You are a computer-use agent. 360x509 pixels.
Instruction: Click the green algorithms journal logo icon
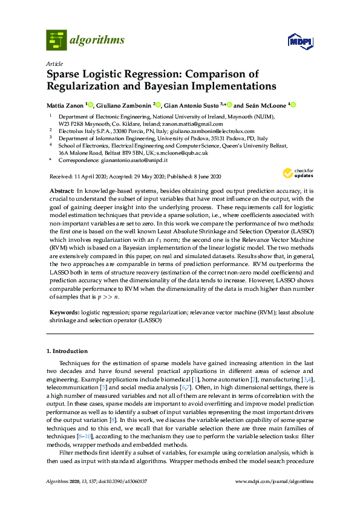pos(56,40)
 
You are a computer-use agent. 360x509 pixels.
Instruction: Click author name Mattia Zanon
pos(65,105)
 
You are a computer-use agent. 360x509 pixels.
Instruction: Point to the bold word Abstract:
pos(61,190)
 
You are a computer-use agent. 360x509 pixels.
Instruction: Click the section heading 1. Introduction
pos(67,351)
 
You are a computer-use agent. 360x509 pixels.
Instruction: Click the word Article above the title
pos(53,62)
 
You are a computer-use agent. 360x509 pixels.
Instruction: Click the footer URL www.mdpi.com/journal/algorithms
pos(278,498)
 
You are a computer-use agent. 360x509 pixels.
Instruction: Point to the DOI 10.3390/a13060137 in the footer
pos(130,498)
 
